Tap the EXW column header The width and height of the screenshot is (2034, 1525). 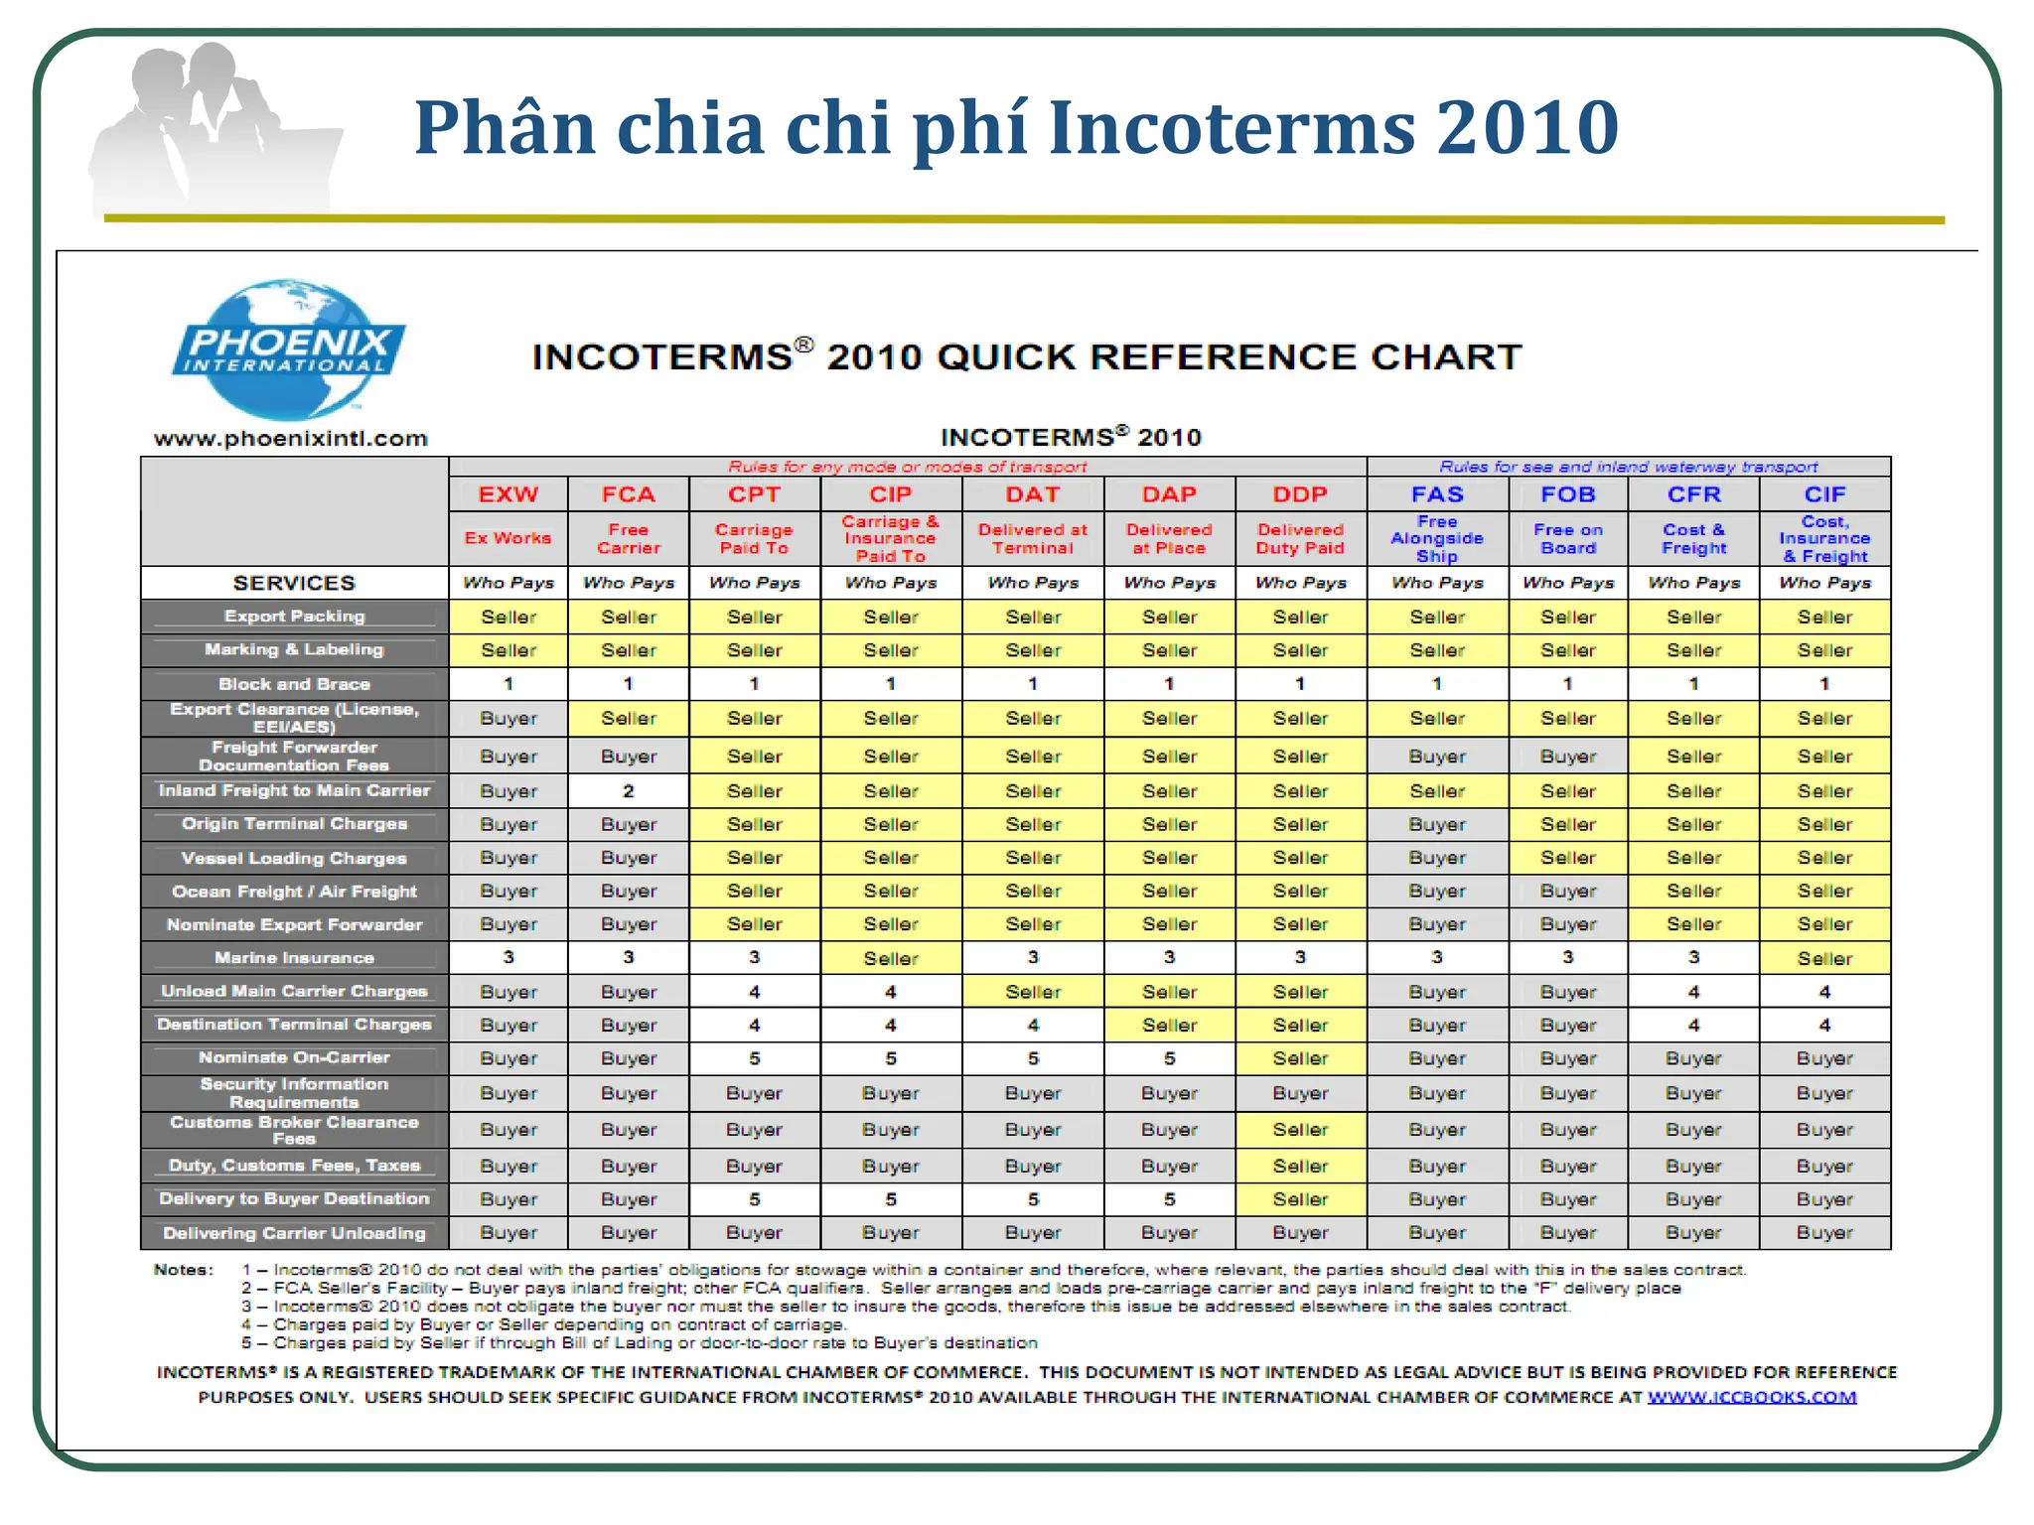click(x=508, y=494)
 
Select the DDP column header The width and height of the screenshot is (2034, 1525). click(x=1300, y=494)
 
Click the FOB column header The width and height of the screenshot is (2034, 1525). click(x=1568, y=494)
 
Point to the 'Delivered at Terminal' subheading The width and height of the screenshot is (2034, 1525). click(x=1033, y=539)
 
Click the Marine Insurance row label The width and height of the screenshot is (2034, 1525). click(x=294, y=958)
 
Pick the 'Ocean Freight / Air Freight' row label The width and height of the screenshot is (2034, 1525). click(x=294, y=892)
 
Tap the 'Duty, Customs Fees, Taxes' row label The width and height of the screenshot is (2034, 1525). click(x=294, y=1166)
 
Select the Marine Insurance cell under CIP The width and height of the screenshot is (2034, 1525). click(x=891, y=958)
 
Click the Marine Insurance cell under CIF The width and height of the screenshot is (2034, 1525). click(x=1824, y=958)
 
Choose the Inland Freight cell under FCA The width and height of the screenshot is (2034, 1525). click(x=628, y=791)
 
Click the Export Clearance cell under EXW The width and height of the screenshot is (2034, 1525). click(x=508, y=718)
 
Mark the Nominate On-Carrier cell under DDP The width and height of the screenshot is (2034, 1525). click(x=1300, y=1058)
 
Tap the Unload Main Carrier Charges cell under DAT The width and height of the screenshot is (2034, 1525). click(x=1033, y=992)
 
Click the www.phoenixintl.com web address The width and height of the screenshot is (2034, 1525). click(x=290, y=439)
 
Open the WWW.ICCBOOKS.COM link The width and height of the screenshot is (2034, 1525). click(x=1752, y=1398)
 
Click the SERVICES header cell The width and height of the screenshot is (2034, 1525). click(x=294, y=583)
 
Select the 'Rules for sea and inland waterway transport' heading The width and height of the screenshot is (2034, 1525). click(x=1629, y=467)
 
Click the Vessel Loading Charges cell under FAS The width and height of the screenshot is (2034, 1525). click(x=1437, y=858)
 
